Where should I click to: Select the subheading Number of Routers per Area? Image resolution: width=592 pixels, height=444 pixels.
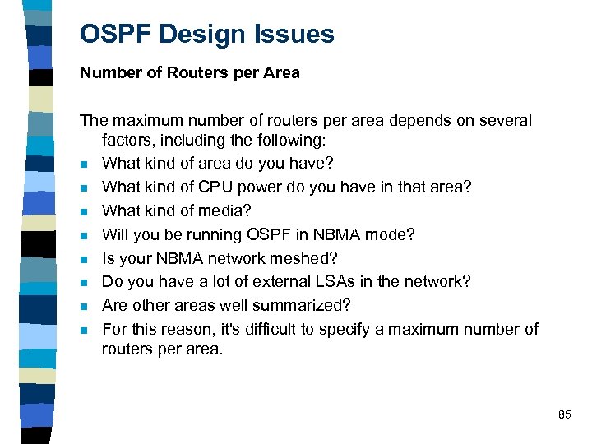(x=190, y=73)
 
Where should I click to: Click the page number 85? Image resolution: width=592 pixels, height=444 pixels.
(x=564, y=415)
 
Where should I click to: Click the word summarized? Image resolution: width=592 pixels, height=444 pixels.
(x=303, y=306)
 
